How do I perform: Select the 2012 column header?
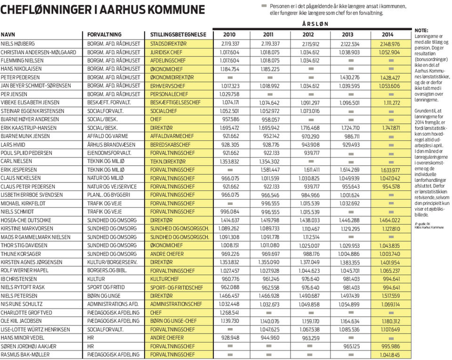(308, 34)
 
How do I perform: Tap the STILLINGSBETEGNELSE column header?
(178, 34)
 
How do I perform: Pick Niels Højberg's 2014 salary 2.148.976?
(389, 43)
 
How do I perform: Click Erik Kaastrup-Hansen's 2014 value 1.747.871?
(389, 127)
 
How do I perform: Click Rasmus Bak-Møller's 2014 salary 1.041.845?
(389, 354)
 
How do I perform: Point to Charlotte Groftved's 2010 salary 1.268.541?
(230, 312)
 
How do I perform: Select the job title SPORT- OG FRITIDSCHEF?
(177, 287)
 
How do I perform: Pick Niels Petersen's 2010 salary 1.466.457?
(230, 295)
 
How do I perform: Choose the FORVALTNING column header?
(105, 34)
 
